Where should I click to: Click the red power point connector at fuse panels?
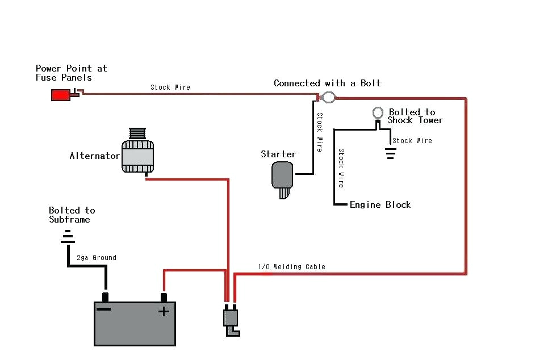click(61, 95)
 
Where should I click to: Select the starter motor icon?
click(283, 177)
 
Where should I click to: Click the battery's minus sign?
click(104, 310)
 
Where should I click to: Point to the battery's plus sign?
click(164, 311)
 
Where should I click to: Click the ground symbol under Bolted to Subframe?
click(68, 237)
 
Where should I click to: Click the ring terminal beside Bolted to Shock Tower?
click(377, 112)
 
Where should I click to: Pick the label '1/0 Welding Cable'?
click(292, 266)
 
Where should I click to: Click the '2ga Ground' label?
click(97, 257)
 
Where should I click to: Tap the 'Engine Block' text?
click(380, 204)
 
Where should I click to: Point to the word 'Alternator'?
click(94, 156)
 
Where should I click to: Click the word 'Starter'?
click(278, 154)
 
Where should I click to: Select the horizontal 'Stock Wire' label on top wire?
click(170, 87)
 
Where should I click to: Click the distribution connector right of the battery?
click(231, 320)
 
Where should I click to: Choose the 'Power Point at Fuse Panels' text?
click(71, 73)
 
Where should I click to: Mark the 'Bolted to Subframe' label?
click(72, 215)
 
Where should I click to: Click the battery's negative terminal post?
click(105, 296)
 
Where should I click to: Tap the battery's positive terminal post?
click(164, 297)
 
